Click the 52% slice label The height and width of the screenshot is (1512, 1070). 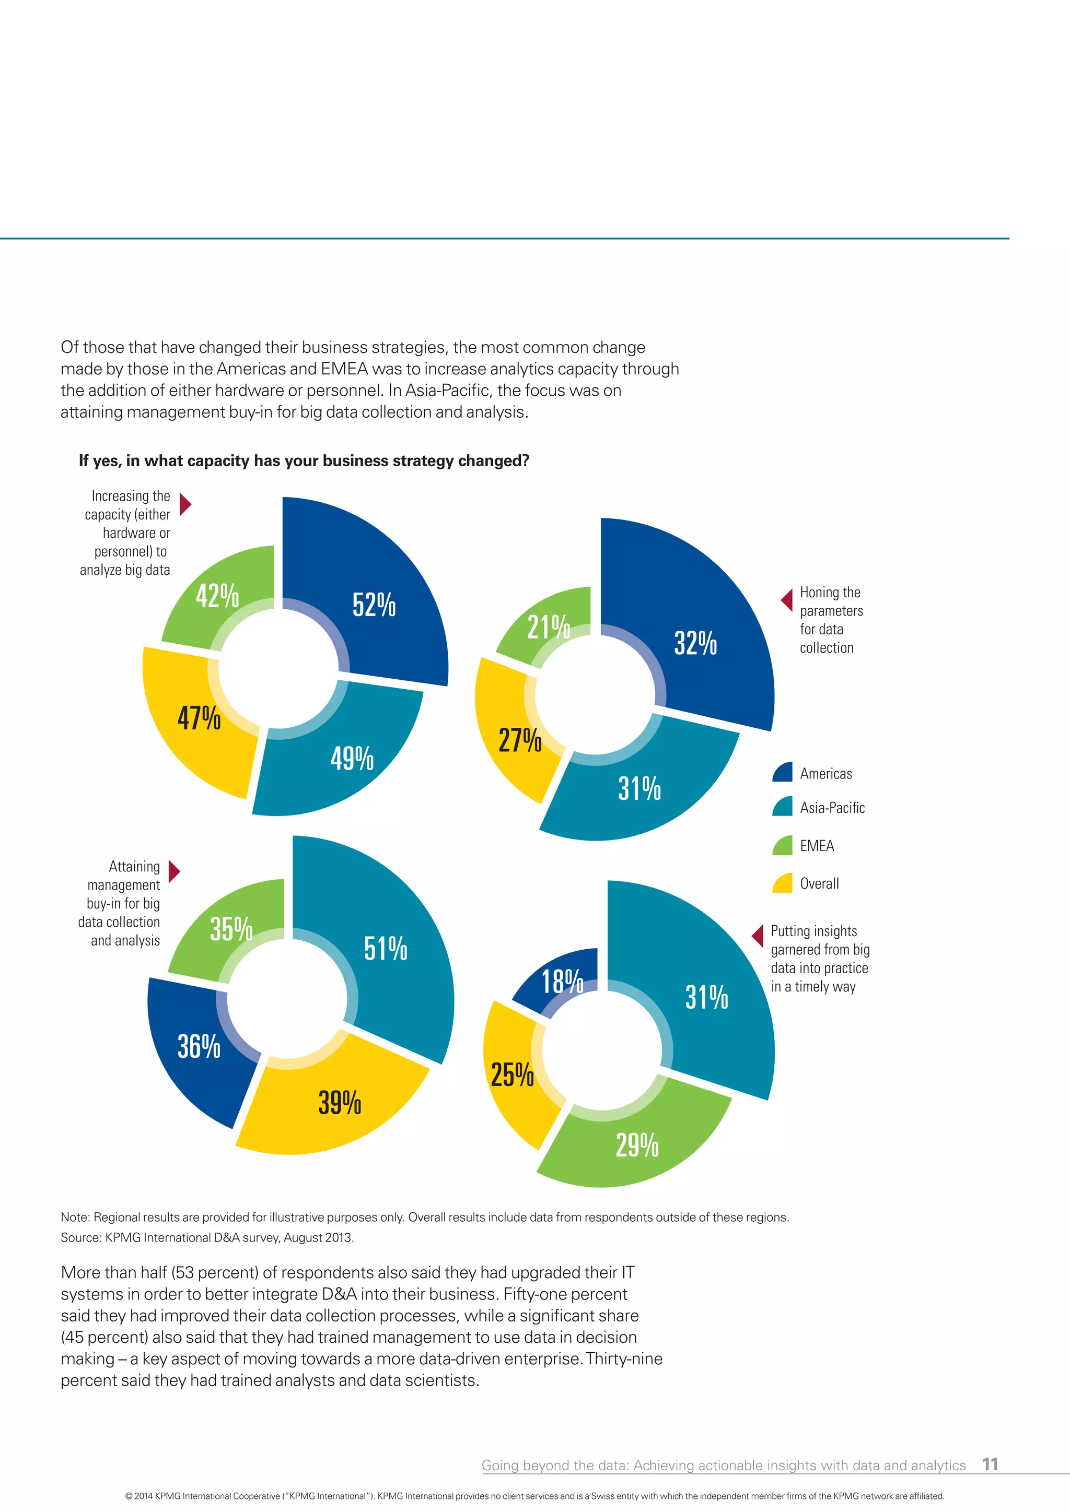[x=374, y=605]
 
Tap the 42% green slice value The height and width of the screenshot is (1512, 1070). [x=217, y=596]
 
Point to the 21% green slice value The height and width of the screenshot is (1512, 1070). [x=548, y=627]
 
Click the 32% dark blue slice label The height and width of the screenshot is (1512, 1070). [x=695, y=643]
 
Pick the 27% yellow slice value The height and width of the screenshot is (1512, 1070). [x=520, y=740]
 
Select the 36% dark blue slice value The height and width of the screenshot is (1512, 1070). [x=199, y=1046]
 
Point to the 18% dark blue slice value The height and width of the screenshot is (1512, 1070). [x=562, y=981]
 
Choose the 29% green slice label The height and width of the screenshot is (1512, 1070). [x=636, y=1145]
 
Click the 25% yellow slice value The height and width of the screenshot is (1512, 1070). [x=512, y=1074]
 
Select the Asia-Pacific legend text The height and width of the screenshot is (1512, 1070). [x=832, y=808]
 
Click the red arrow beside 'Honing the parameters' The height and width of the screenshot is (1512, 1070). [x=787, y=600]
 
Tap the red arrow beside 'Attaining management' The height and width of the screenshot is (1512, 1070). [x=174, y=871]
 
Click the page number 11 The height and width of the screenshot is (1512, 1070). [x=990, y=1464]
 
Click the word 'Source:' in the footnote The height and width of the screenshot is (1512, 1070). [x=81, y=1237]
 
